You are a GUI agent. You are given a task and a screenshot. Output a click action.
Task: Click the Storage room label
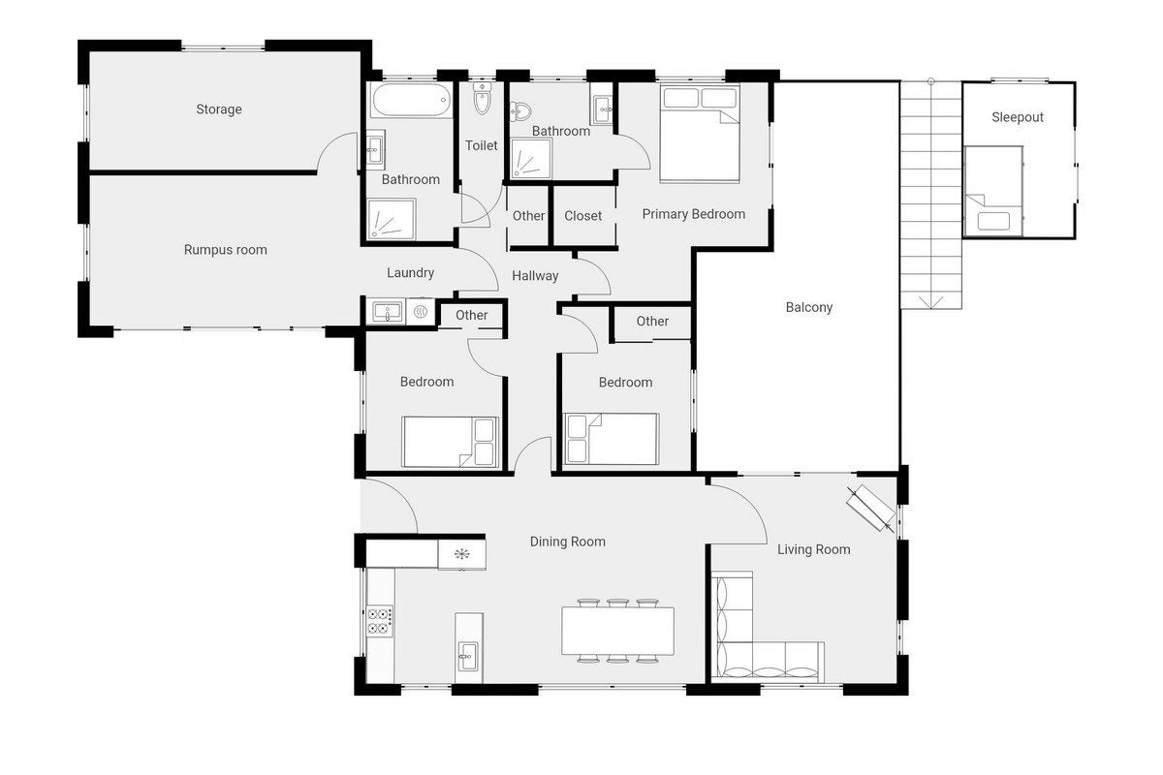pyautogui.click(x=219, y=109)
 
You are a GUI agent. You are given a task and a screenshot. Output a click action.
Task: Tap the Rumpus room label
pyautogui.click(x=225, y=250)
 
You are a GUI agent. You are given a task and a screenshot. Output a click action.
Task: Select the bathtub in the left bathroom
pyautogui.click(x=411, y=100)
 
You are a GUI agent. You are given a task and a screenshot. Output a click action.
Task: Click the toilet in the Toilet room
pyautogui.click(x=482, y=98)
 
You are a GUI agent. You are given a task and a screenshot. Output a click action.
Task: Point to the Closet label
pyautogui.click(x=582, y=216)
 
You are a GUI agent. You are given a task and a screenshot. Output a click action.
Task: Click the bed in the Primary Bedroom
pyautogui.click(x=700, y=134)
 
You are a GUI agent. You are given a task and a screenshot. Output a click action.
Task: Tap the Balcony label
pyautogui.click(x=809, y=307)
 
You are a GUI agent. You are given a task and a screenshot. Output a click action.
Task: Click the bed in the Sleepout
pyautogui.click(x=993, y=191)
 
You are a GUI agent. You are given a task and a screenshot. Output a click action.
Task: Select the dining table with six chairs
pyautogui.click(x=617, y=631)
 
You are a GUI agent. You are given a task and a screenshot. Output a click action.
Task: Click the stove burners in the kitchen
pyautogui.click(x=380, y=621)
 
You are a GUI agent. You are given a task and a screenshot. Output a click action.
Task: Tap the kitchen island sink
pyautogui.click(x=468, y=657)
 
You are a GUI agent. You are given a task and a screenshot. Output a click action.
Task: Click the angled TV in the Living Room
pyautogui.click(x=871, y=509)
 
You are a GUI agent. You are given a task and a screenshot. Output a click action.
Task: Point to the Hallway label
pyautogui.click(x=535, y=276)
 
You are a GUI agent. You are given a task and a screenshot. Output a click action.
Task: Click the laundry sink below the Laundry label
pyautogui.click(x=387, y=312)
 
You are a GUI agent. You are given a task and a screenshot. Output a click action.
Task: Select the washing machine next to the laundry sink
pyautogui.click(x=421, y=312)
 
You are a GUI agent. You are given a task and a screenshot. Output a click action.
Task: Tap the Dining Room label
pyautogui.click(x=568, y=542)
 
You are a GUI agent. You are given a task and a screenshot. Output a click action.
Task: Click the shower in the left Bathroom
pyautogui.click(x=392, y=220)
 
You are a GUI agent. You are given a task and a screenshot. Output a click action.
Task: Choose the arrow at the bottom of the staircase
pyautogui.click(x=931, y=302)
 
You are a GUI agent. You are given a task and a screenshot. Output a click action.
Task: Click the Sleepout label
pyautogui.click(x=1017, y=117)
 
